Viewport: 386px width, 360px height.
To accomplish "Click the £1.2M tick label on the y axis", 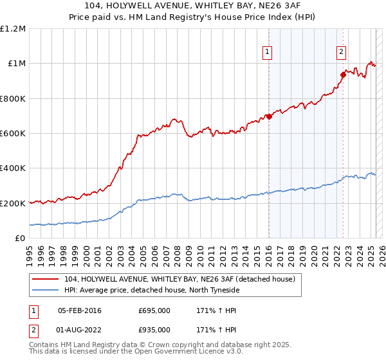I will pos(14,29).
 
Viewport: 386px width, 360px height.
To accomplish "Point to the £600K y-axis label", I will pos(12,134).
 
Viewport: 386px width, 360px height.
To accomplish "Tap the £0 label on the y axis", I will pos(20,238).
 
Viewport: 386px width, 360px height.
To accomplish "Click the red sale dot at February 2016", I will pos(269,116).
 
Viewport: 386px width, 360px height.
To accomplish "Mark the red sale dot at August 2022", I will pos(343,75).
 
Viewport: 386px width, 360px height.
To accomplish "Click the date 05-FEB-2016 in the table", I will pos(80,310).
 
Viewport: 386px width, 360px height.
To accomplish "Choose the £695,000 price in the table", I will pos(154,310).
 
